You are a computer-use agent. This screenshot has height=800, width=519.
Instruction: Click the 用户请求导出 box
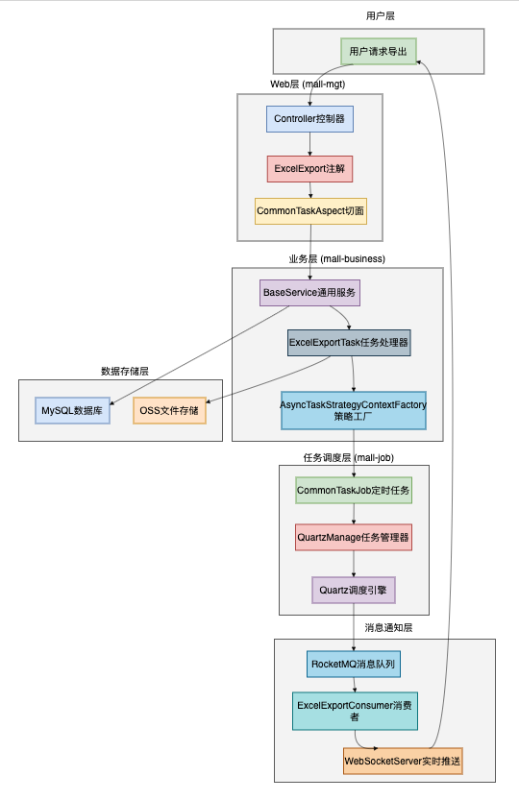point(379,51)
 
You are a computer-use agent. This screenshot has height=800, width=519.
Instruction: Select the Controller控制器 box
point(309,118)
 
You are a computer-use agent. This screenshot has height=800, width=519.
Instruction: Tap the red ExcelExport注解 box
point(309,169)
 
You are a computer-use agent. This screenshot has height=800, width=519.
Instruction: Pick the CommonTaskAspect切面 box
point(309,210)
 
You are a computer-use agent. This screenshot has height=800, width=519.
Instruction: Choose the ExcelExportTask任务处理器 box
point(349,342)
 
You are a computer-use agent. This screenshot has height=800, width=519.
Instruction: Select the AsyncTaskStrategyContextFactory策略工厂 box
point(353,411)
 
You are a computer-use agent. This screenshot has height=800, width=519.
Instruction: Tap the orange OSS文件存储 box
point(169,410)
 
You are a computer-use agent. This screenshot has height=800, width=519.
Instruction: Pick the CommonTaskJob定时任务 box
point(353,490)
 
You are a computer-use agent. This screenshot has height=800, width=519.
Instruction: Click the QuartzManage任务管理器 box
point(353,537)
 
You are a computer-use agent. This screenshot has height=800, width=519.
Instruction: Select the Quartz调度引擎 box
point(353,589)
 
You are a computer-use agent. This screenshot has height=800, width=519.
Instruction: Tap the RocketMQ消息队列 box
point(353,664)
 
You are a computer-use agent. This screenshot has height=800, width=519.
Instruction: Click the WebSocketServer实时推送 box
point(403,762)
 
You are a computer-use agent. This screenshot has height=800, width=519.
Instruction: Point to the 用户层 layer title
point(380,16)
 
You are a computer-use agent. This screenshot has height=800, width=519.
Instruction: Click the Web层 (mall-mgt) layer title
point(308,85)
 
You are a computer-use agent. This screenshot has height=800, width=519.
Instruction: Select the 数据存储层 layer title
point(125,371)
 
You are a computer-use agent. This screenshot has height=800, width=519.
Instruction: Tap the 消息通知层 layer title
point(388,628)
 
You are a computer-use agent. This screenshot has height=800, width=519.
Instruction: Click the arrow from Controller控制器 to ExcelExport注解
point(309,144)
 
